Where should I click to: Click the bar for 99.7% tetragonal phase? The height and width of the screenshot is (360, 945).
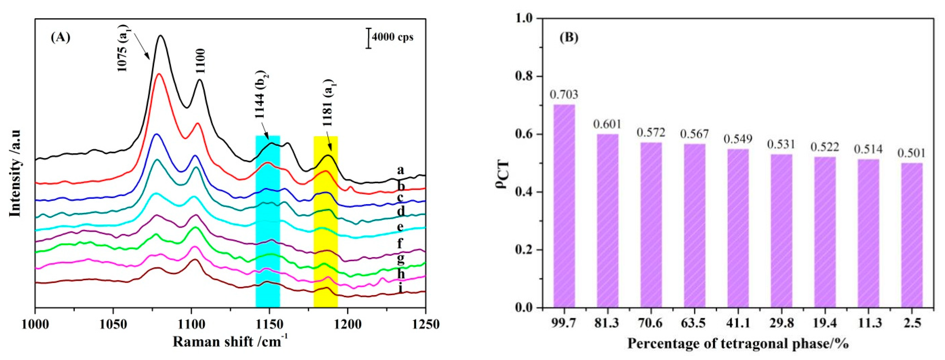[x=564, y=206]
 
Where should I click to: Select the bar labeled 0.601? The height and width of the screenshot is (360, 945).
[x=607, y=220]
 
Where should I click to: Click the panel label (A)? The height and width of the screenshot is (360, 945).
[x=61, y=38]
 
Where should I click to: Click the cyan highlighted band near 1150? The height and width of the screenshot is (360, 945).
[x=268, y=220]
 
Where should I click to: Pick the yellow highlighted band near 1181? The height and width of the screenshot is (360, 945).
[x=325, y=220]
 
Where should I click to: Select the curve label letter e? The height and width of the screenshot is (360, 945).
[x=401, y=227]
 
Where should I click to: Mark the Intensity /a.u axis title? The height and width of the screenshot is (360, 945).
[x=15, y=173]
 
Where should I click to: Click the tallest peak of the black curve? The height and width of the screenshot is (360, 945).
[x=160, y=36]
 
